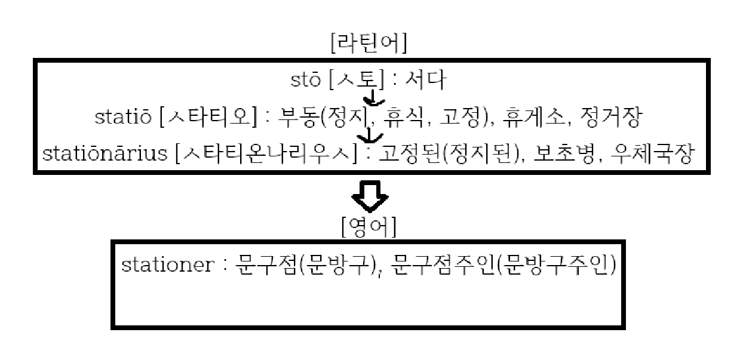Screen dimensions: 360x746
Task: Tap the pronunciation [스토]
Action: click(356, 79)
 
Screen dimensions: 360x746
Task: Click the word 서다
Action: click(425, 79)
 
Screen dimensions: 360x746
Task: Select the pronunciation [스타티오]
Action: click(211, 117)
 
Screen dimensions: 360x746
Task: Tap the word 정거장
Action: click(610, 117)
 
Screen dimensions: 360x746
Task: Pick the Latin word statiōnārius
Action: click(105, 154)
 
